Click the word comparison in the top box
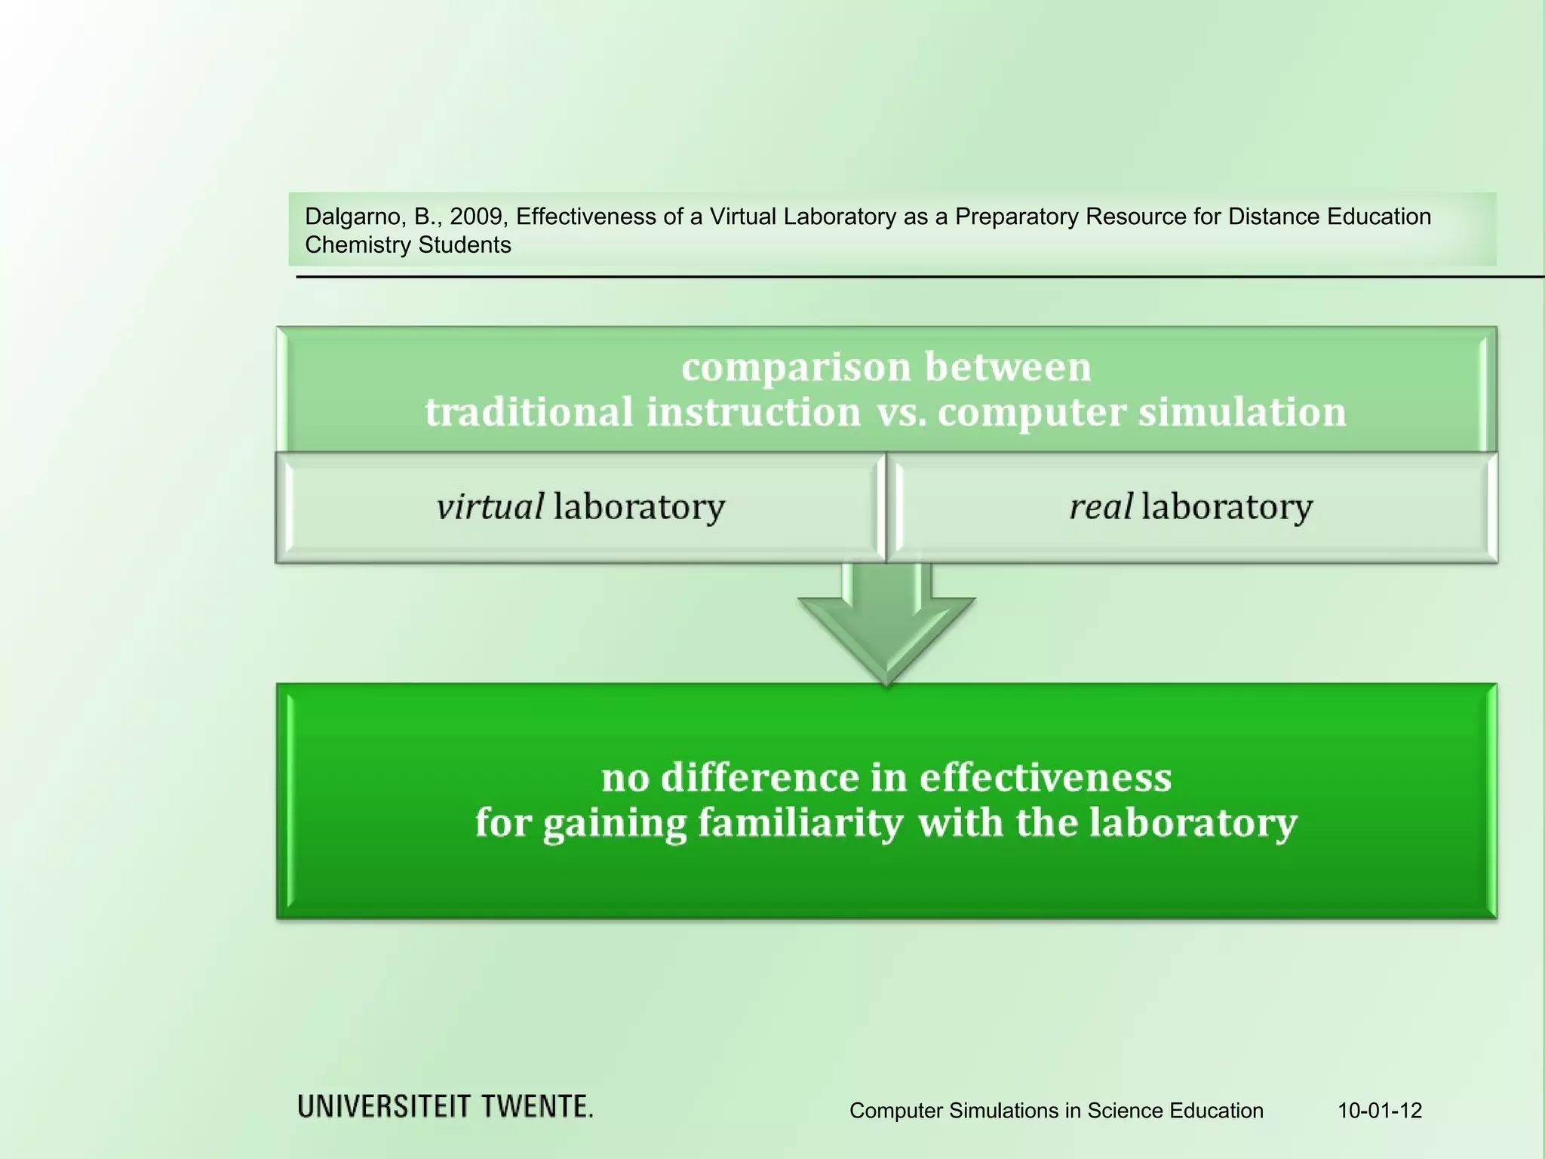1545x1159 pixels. click(796, 367)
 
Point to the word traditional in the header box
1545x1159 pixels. click(528, 413)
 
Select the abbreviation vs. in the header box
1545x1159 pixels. click(901, 413)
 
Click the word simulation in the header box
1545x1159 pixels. click(1242, 413)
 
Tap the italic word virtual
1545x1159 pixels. click(490, 506)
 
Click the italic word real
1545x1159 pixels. click(1101, 506)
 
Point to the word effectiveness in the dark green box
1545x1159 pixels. click(1045, 778)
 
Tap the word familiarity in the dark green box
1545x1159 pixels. click(800, 822)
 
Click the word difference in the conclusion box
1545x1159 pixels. click(760, 778)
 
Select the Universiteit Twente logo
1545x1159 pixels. click(445, 1107)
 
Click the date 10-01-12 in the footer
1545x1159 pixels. click(1380, 1111)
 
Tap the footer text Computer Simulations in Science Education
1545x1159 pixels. click(1056, 1111)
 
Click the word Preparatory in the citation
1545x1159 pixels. click(1016, 217)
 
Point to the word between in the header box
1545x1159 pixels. click(1008, 367)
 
